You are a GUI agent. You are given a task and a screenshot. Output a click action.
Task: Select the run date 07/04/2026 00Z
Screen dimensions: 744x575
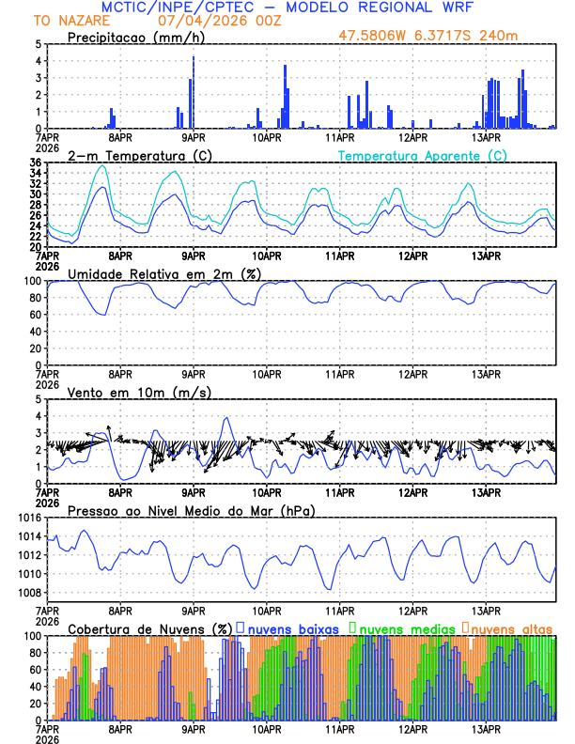213,20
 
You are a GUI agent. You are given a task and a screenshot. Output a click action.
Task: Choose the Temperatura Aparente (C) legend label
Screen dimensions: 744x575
422,155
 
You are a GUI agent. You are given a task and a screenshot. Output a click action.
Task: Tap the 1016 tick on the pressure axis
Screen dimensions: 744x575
27,518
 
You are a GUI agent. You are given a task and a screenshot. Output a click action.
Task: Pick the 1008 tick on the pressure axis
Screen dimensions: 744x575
27,593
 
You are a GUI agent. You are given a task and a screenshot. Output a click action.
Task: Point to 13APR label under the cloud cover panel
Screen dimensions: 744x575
485,729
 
